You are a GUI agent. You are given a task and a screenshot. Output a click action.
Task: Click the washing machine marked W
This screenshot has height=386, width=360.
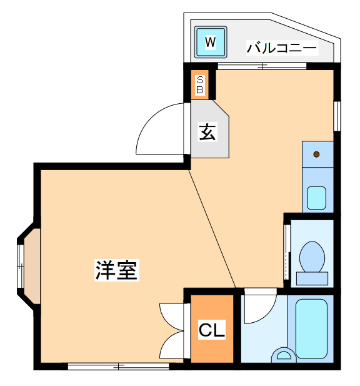coord(211,42)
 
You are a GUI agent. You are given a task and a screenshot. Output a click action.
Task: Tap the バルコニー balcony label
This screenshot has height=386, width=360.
coord(282,48)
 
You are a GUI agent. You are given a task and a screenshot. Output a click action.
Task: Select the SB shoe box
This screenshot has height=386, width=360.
coord(200,85)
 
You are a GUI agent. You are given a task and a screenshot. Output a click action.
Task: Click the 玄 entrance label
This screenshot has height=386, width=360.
coord(207,132)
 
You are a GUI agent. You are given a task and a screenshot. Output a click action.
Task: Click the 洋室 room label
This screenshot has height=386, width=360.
coord(116,270)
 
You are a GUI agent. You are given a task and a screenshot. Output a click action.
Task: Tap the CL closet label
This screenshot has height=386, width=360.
coord(212,329)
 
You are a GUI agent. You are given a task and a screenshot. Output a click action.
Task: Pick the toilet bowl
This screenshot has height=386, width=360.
coord(312,256)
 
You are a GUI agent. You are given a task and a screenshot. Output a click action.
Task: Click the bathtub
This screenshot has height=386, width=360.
coord(311,328)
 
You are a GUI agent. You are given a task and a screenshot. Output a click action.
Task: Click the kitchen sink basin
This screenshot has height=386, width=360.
coord(316,198)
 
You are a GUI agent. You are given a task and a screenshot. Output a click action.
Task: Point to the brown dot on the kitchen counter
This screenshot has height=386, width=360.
coord(316,155)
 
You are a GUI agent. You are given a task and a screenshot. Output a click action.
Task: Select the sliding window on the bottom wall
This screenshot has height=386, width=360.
coord(119,367)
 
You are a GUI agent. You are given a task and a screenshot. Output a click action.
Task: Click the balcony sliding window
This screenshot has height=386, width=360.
coord(262,66)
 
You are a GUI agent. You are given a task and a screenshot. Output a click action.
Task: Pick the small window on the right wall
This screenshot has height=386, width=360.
coord(337,116)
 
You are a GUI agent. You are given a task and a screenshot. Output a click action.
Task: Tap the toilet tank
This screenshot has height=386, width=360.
coord(312,278)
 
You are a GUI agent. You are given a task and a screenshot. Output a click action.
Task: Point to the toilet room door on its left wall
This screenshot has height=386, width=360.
coord(286,252)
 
